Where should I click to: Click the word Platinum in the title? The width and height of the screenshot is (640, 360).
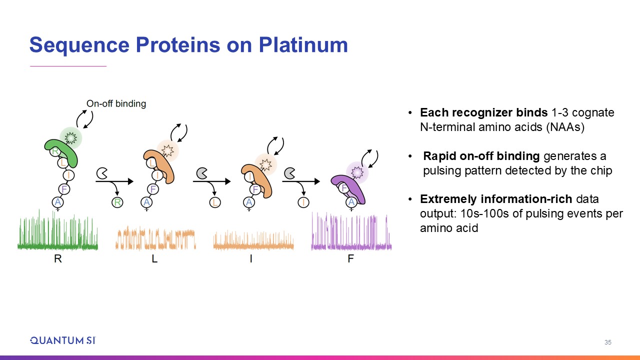click(303, 45)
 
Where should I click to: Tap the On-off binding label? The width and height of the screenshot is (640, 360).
click(116, 103)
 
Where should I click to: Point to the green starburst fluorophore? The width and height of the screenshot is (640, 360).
click(70, 138)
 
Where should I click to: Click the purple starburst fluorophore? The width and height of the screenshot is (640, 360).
click(357, 172)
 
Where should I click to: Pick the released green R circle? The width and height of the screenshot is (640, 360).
click(117, 202)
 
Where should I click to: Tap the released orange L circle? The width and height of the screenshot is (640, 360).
click(215, 202)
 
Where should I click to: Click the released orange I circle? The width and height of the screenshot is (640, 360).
click(303, 202)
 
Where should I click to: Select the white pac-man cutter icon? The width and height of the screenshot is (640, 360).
click(101, 173)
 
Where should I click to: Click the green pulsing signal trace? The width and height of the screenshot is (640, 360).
click(57, 230)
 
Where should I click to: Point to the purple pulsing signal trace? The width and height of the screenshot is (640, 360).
click(351, 231)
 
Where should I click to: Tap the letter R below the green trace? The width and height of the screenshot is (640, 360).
click(57, 258)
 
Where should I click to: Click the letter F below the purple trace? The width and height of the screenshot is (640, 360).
click(351, 258)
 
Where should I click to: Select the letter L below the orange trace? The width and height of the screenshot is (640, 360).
click(154, 258)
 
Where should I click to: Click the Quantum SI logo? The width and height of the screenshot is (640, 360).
click(63, 340)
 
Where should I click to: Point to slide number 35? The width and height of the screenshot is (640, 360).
click(607, 342)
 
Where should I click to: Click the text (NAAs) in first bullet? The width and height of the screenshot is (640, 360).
click(565, 127)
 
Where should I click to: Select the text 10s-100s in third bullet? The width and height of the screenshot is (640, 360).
click(484, 213)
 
